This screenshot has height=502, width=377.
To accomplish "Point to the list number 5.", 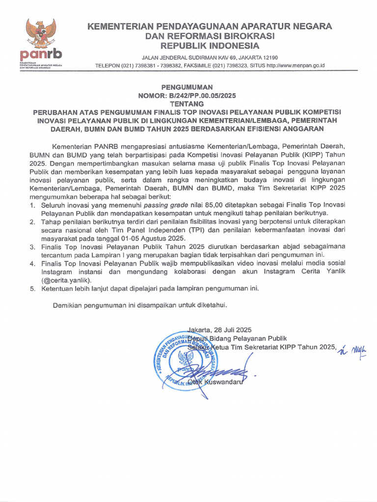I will point(32,289).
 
